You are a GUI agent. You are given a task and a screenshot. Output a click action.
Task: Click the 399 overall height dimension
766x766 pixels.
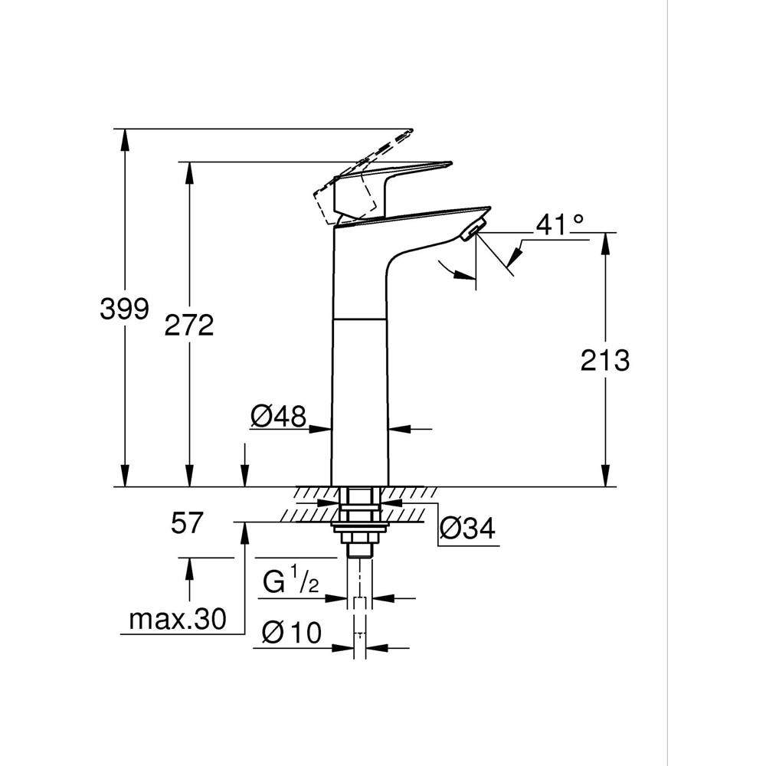[x=124, y=309]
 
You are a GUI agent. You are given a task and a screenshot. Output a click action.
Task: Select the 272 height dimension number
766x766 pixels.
[x=189, y=325]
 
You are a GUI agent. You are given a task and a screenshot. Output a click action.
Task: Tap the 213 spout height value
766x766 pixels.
[x=604, y=359]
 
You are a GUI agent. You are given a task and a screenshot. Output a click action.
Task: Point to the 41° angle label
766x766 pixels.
[x=559, y=224]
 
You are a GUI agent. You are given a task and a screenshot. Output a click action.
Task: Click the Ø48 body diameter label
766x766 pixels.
[x=277, y=417]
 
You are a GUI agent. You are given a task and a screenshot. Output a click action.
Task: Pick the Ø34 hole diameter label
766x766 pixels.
[x=467, y=528]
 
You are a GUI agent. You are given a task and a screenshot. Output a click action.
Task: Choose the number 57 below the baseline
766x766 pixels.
[x=187, y=524]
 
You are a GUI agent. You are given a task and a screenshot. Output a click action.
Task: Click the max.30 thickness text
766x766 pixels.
[x=178, y=619]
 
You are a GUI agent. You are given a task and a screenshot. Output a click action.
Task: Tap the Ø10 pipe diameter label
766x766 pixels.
[x=291, y=633]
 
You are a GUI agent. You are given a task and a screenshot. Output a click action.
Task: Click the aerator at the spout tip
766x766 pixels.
[x=474, y=228]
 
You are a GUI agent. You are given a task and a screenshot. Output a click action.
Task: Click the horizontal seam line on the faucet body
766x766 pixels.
[x=360, y=317]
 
